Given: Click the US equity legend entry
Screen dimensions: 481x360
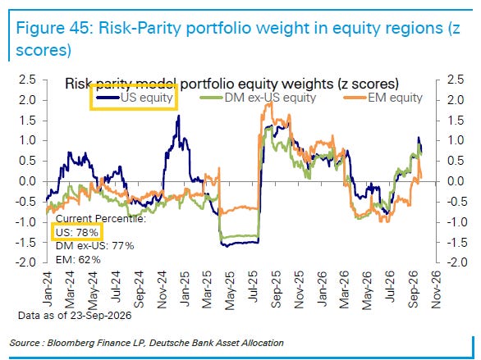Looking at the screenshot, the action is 135,98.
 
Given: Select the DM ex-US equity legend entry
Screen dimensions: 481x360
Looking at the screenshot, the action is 258,98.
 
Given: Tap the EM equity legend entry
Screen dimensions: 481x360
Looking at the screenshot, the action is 383,98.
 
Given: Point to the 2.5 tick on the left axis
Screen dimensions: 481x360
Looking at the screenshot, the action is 27,80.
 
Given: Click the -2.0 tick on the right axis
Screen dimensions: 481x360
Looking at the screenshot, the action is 455,262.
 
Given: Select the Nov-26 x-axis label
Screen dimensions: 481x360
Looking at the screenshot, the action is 436,289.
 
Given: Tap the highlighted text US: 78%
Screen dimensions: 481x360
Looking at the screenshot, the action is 76,233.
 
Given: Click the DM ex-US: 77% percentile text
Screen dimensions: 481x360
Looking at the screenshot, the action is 94,246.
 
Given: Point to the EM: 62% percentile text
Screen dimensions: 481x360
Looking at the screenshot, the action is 78,260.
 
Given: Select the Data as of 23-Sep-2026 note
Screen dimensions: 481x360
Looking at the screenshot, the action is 75,315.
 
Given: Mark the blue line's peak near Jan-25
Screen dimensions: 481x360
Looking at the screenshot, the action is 179,116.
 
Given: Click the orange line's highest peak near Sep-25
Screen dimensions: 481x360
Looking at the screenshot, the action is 271,103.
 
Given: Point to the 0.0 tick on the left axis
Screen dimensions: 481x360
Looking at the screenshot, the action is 27,181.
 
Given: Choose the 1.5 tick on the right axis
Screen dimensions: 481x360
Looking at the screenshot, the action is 456,121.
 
